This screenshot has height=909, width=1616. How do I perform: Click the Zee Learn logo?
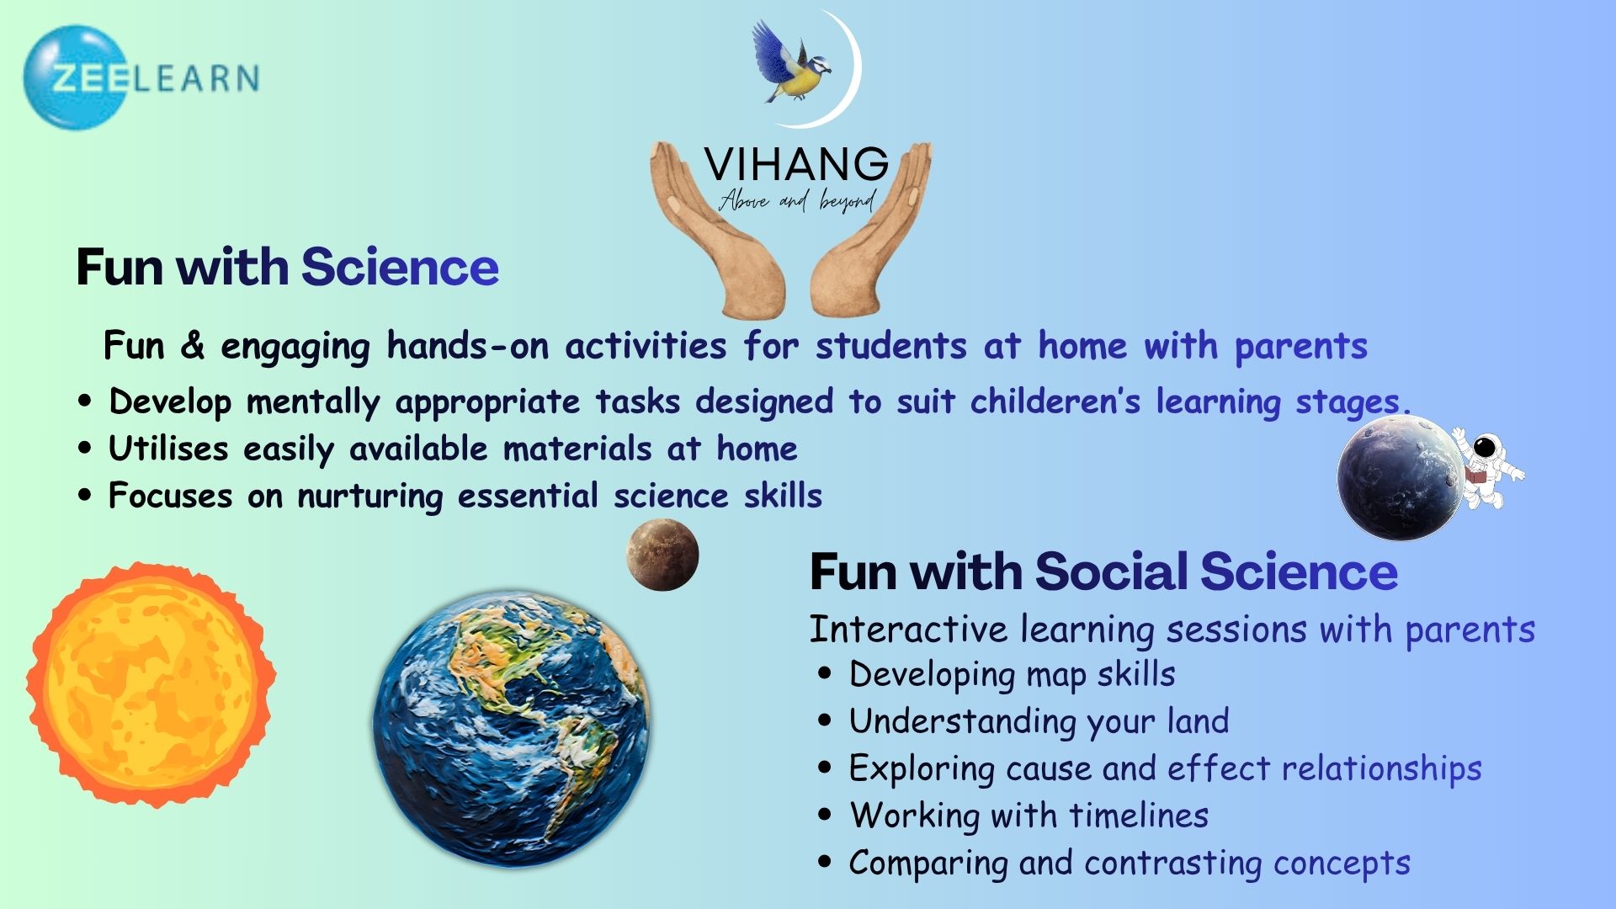tap(141, 77)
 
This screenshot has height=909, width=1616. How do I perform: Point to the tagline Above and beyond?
tap(797, 200)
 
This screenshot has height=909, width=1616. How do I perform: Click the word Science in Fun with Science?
tap(400, 268)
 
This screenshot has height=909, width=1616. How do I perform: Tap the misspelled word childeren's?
tap(1055, 401)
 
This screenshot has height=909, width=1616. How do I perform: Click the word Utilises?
tap(168, 449)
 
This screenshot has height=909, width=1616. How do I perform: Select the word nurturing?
tap(370, 497)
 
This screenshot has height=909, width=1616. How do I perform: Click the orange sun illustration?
tap(151, 684)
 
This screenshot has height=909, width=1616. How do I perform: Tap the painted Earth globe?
tap(512, 728)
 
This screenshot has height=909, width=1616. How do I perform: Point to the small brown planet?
tap(662, 555)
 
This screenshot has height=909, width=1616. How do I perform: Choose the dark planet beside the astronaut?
tap(1401, 478)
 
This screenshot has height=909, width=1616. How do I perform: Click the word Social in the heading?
tap(1112, 572)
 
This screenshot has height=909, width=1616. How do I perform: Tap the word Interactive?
tap(908, 629)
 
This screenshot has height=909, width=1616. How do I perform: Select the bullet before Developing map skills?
tap(825, 674)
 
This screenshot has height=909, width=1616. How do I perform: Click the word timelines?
tap(1139, 815)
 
